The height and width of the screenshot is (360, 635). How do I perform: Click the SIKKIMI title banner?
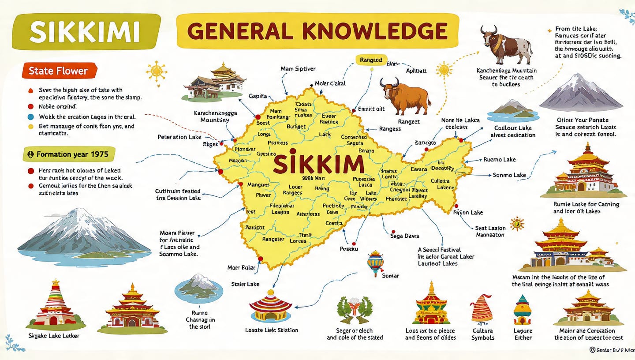coord(86,32)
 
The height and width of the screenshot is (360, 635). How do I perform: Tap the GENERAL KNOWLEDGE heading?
coord(317,32)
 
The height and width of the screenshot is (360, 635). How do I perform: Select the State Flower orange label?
coord(58,71)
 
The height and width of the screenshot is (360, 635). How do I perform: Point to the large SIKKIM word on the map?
coord(318,164)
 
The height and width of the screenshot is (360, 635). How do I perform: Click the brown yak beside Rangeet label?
coord(405,96)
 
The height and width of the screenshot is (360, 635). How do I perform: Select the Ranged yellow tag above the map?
coord(371,60)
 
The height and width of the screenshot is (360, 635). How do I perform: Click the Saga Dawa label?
coord(404,236)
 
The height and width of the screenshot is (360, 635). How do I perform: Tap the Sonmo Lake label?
coord(509,175)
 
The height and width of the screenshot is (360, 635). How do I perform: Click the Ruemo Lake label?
coord(500,159)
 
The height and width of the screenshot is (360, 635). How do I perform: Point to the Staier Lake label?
coord(245,284)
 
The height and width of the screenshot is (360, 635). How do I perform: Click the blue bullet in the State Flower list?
coord(30,117)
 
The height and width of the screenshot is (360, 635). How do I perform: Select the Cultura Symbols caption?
coord(483,334)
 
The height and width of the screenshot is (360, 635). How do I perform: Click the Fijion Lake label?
coord(468,212)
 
